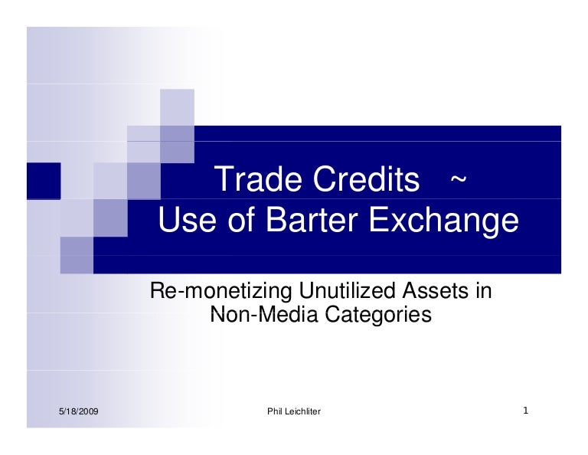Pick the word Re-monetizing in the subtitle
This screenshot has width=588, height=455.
[x=218, y=293]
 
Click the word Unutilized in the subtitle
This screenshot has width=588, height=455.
[x=347, y=292]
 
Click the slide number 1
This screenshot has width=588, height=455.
[x=526, y=411]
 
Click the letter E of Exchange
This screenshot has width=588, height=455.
[x=381, y=222]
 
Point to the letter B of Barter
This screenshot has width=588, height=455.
[x=275, y=222]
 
